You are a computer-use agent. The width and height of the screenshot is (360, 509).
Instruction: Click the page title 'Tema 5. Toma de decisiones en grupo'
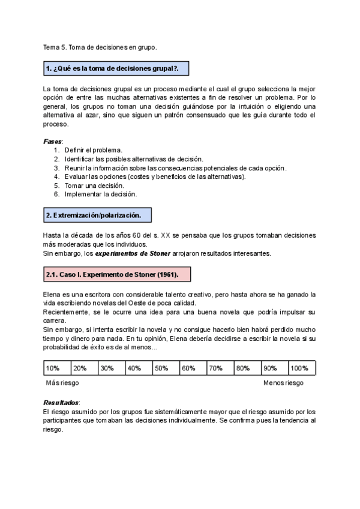point(100,47)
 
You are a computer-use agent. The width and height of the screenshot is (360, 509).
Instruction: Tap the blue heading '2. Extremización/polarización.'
point(93,215)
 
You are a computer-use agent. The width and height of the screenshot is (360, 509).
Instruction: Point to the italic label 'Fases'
point(53,141)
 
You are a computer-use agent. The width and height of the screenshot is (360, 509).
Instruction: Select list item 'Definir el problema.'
point(93,149)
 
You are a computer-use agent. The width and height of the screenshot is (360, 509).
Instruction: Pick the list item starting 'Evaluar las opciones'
point(155,176)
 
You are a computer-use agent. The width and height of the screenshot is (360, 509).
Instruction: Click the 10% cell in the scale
point(57,368)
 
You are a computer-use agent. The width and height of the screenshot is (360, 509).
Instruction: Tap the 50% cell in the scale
point(166,368)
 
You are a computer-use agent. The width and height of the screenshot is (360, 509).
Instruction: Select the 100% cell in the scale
point(302,368)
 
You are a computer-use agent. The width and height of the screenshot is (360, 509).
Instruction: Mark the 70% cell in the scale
point(220,368)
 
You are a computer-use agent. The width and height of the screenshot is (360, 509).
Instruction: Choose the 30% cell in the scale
point(112,368)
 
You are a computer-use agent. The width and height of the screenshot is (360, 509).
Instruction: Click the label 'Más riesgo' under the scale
point(62,383)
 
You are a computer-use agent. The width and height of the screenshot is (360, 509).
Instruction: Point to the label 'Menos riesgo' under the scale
point(283,383)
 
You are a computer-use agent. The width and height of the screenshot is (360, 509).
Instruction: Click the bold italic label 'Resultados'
point(61,403)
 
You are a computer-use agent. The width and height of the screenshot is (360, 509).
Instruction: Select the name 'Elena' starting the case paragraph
point(52,294)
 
